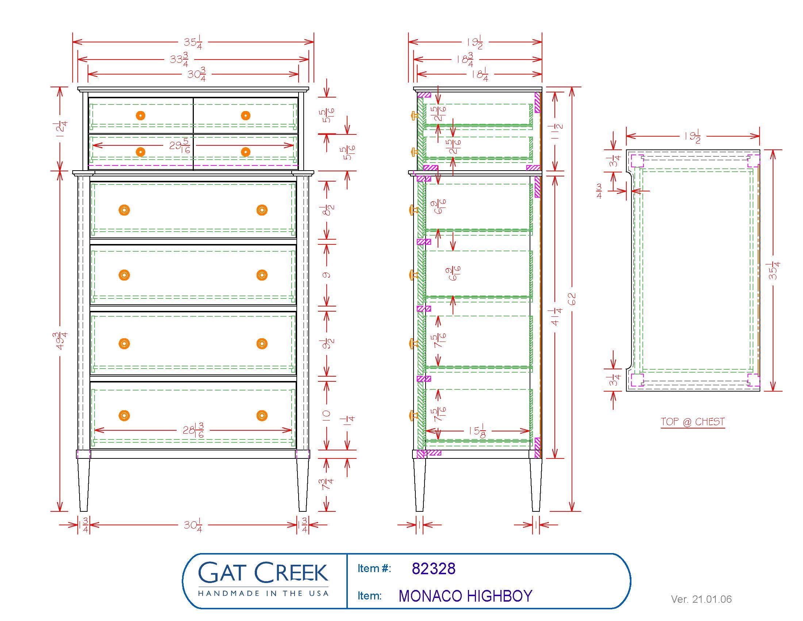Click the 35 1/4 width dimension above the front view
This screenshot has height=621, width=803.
pos(193,42)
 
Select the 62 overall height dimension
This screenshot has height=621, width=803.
pos(571,299)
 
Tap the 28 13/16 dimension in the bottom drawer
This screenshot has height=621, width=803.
pos(193,430)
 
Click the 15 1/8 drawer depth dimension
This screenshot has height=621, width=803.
pos(477,430)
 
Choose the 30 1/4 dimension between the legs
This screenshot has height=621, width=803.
pos(193,525)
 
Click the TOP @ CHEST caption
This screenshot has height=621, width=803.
pos(693,422)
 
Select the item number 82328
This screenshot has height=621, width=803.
pos(434,569)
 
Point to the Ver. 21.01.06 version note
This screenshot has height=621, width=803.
pos(701,599)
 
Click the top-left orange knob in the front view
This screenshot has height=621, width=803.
pos(141,115)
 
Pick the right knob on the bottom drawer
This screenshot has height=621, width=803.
pos(262,416)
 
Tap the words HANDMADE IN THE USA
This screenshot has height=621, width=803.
pos(263,593)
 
